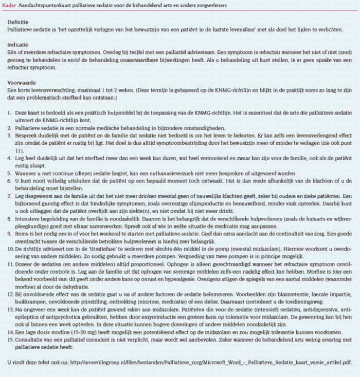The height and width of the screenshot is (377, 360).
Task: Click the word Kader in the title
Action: (10, 5)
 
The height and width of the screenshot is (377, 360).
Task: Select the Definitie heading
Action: (19, 22)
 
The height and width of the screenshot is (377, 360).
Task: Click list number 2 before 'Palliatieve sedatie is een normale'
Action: (11, 128)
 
